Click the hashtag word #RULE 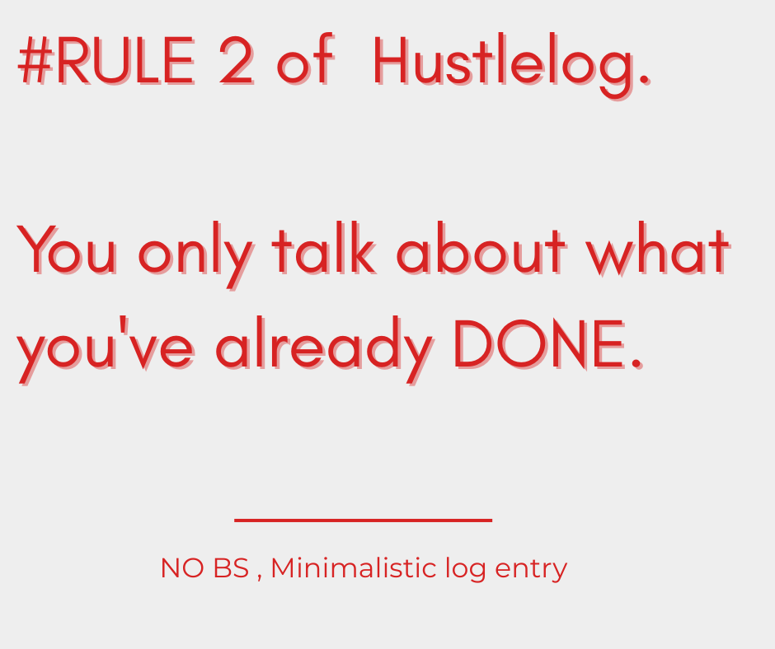point(106,63)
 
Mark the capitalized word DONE point(540,344)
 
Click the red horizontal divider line point(363,521)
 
